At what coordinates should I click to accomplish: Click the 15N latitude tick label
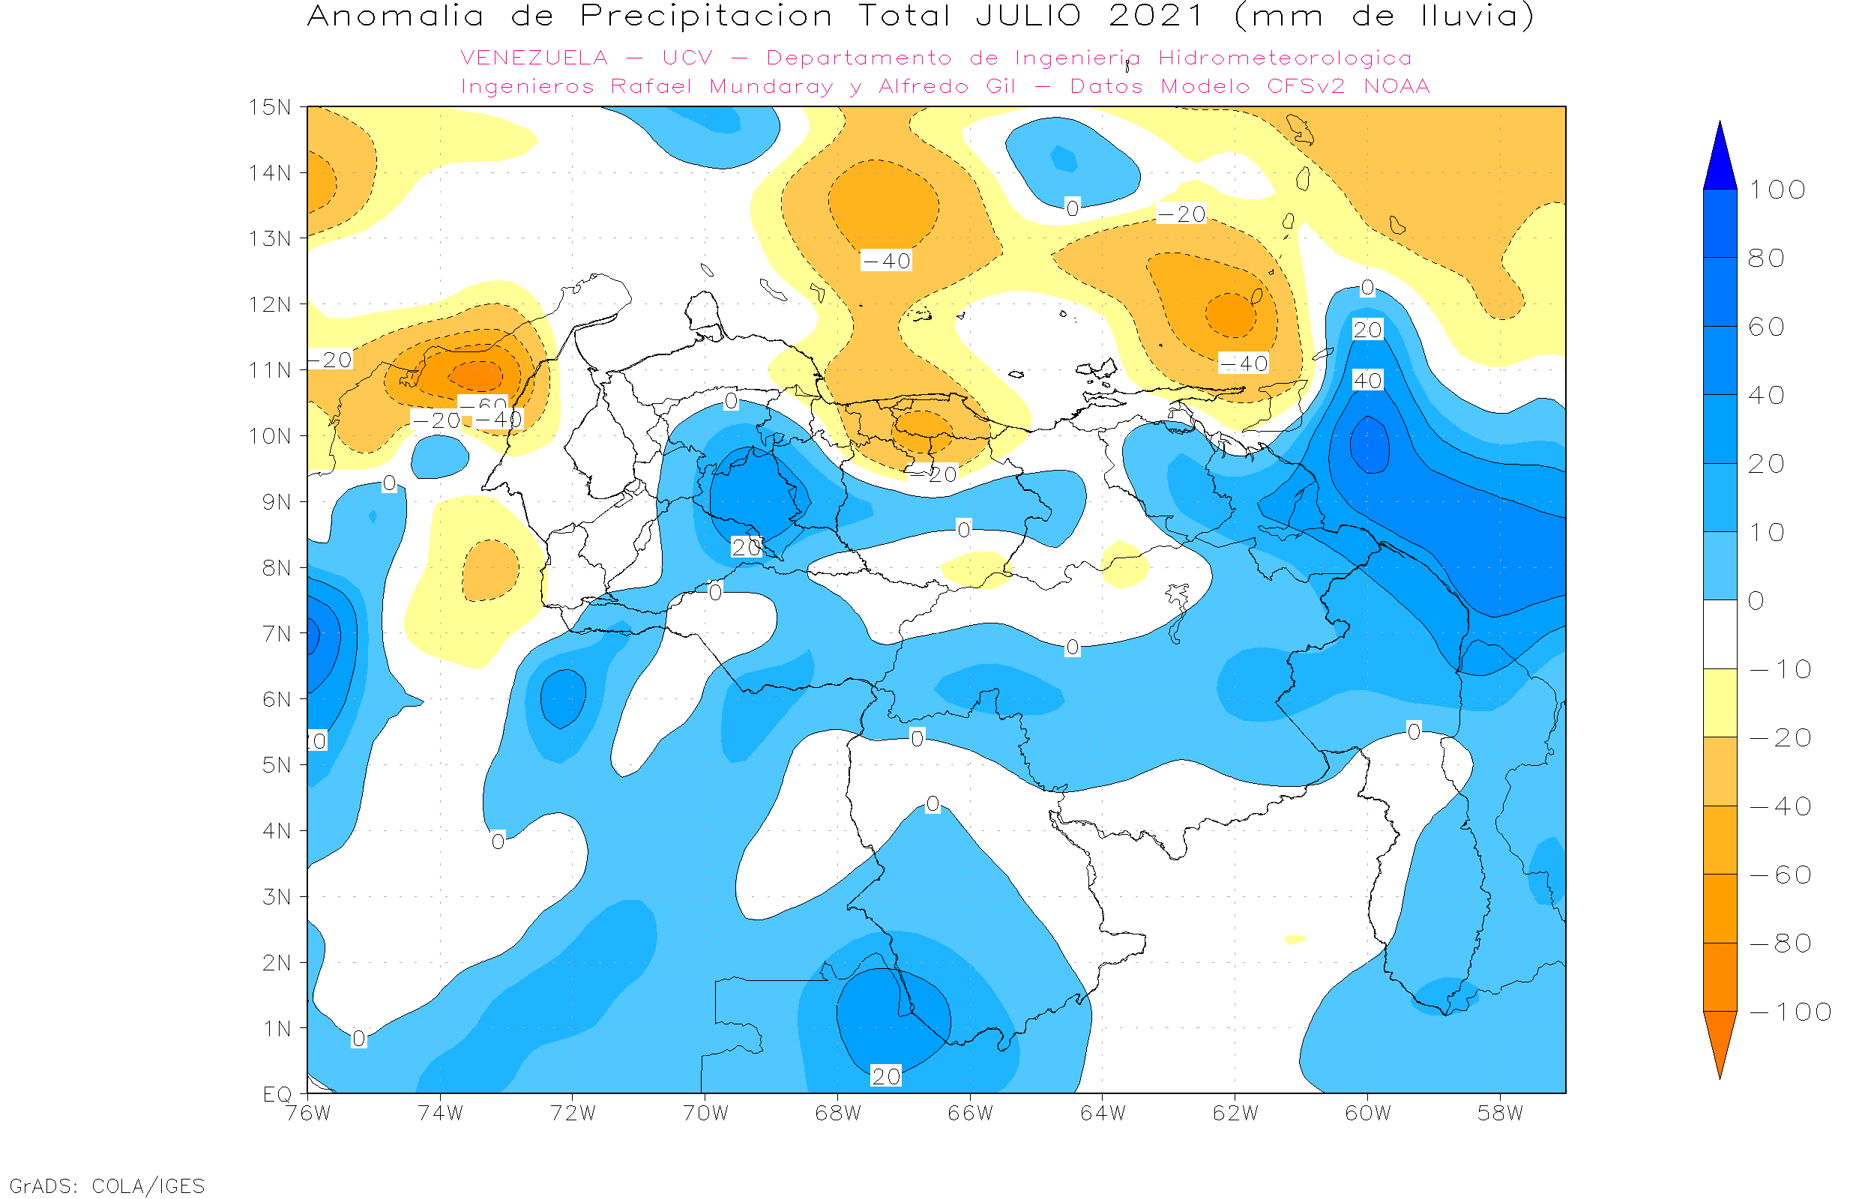tap(269, 107)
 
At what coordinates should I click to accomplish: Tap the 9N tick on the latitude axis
tap(277, 502)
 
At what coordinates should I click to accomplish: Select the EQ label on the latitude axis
tap(277, 1094)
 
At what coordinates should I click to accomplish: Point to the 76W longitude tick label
tap(307, 1114)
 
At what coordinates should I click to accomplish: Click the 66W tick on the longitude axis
tap(970, 1114)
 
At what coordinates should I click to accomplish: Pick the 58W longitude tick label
tap(1500, 1114)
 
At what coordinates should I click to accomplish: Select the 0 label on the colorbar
tap(1756, 601)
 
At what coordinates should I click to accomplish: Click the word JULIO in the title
tap(1028, 16)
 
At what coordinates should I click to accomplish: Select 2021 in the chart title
tap(1157, 16)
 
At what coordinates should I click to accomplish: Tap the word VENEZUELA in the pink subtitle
tap(534, 58)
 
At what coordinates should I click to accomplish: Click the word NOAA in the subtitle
tap(1397, 86)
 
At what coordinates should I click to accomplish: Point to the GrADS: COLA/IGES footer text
tap(107, 1186)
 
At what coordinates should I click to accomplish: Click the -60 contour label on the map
tap(483, 403)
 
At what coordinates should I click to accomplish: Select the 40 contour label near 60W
tap(1368, 381)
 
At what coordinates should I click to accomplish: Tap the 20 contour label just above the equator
tap(886, 1076)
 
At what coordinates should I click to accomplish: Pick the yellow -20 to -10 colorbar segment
tap(1720, 703)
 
